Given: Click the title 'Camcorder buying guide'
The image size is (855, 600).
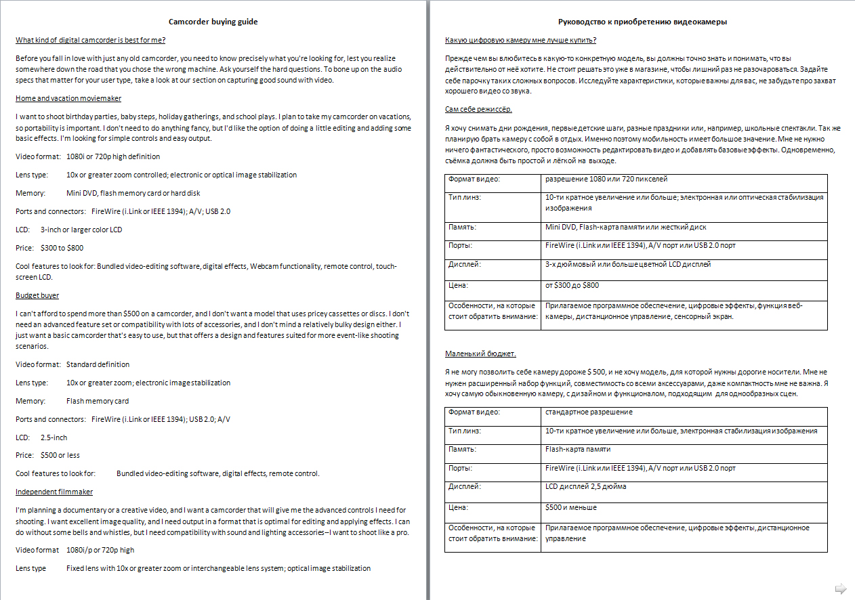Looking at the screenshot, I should (x=213, y=22).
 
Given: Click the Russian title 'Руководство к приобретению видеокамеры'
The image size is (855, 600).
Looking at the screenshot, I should (x=642, y=22).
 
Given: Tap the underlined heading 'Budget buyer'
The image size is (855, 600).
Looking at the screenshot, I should (x=37, y=295).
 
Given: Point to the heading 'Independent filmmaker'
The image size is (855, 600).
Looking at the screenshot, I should (x=54, y=492).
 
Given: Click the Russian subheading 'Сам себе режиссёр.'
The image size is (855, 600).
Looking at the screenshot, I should (x=478, y=109).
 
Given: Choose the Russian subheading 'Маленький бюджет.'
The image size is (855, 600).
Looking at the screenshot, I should (x=480, y=353).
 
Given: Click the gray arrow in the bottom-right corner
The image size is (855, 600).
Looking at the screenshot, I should (x=841, y=588).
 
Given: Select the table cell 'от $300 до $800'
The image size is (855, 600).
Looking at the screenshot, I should (x=572, y=286).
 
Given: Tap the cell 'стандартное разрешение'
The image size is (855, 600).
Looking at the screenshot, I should (x=588, y=412).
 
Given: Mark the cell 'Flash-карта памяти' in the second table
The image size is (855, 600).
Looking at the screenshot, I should (x=577, y=449).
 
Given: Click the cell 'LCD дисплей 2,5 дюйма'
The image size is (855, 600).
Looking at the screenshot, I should (x=585, y=486).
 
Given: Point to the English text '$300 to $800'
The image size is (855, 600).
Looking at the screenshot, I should (x=62, y=248).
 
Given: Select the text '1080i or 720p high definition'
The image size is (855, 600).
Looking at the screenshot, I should (x=113, y=156).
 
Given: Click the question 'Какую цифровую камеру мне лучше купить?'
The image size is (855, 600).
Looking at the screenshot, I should (x=520, y=40).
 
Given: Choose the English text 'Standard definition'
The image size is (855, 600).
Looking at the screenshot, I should (x=98, y=364).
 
